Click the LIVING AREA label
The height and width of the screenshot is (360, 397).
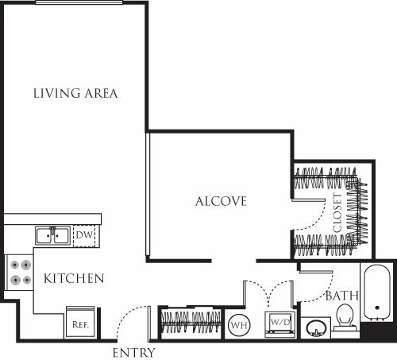coord(75,93)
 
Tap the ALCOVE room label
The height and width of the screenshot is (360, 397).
coord(221,201)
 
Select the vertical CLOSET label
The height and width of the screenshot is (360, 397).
coord(337,212)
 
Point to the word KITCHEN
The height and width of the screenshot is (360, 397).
coord(74,279)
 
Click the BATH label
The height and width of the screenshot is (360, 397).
coord(341,296)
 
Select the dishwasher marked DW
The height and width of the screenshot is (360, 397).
coord(83,236)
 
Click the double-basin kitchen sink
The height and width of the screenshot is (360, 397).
coord(52,235)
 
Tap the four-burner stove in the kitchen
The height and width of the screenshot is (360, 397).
coord(19,273)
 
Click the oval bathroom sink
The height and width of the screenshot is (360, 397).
coord(316,327)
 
